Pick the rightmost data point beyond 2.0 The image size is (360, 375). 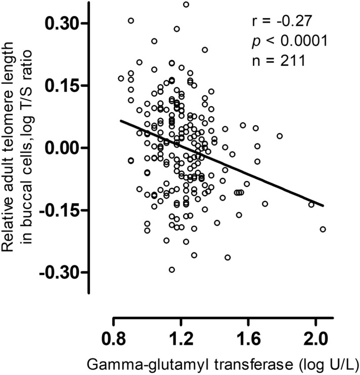pyautogui.click(x=323, y=229)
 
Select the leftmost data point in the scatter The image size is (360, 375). pyautogui.click(x=121, y=78)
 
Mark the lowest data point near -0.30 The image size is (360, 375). pyautogui.click(x=172, y=269)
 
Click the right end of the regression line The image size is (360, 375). pyautogui.click(x=323, y=206)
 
